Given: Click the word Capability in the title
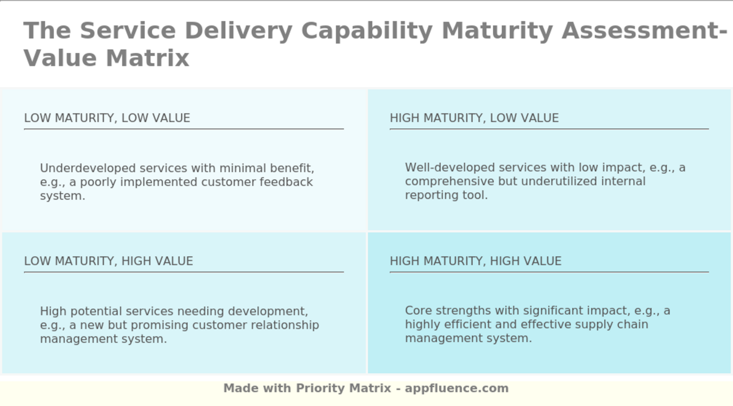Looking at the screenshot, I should pos(366,31).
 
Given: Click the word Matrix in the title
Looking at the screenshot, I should pos(147,58).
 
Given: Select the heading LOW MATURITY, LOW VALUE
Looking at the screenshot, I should pos(107,118).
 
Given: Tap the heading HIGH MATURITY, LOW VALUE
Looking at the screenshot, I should pos(474,118).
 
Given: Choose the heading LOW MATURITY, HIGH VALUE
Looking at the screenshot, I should pos(108,261).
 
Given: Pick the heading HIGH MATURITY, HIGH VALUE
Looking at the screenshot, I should pos(475,261).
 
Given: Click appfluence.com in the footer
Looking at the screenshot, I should pos(457,388).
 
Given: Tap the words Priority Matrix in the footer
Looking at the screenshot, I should pos(343,388).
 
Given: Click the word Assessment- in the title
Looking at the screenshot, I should pos(644,31).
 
